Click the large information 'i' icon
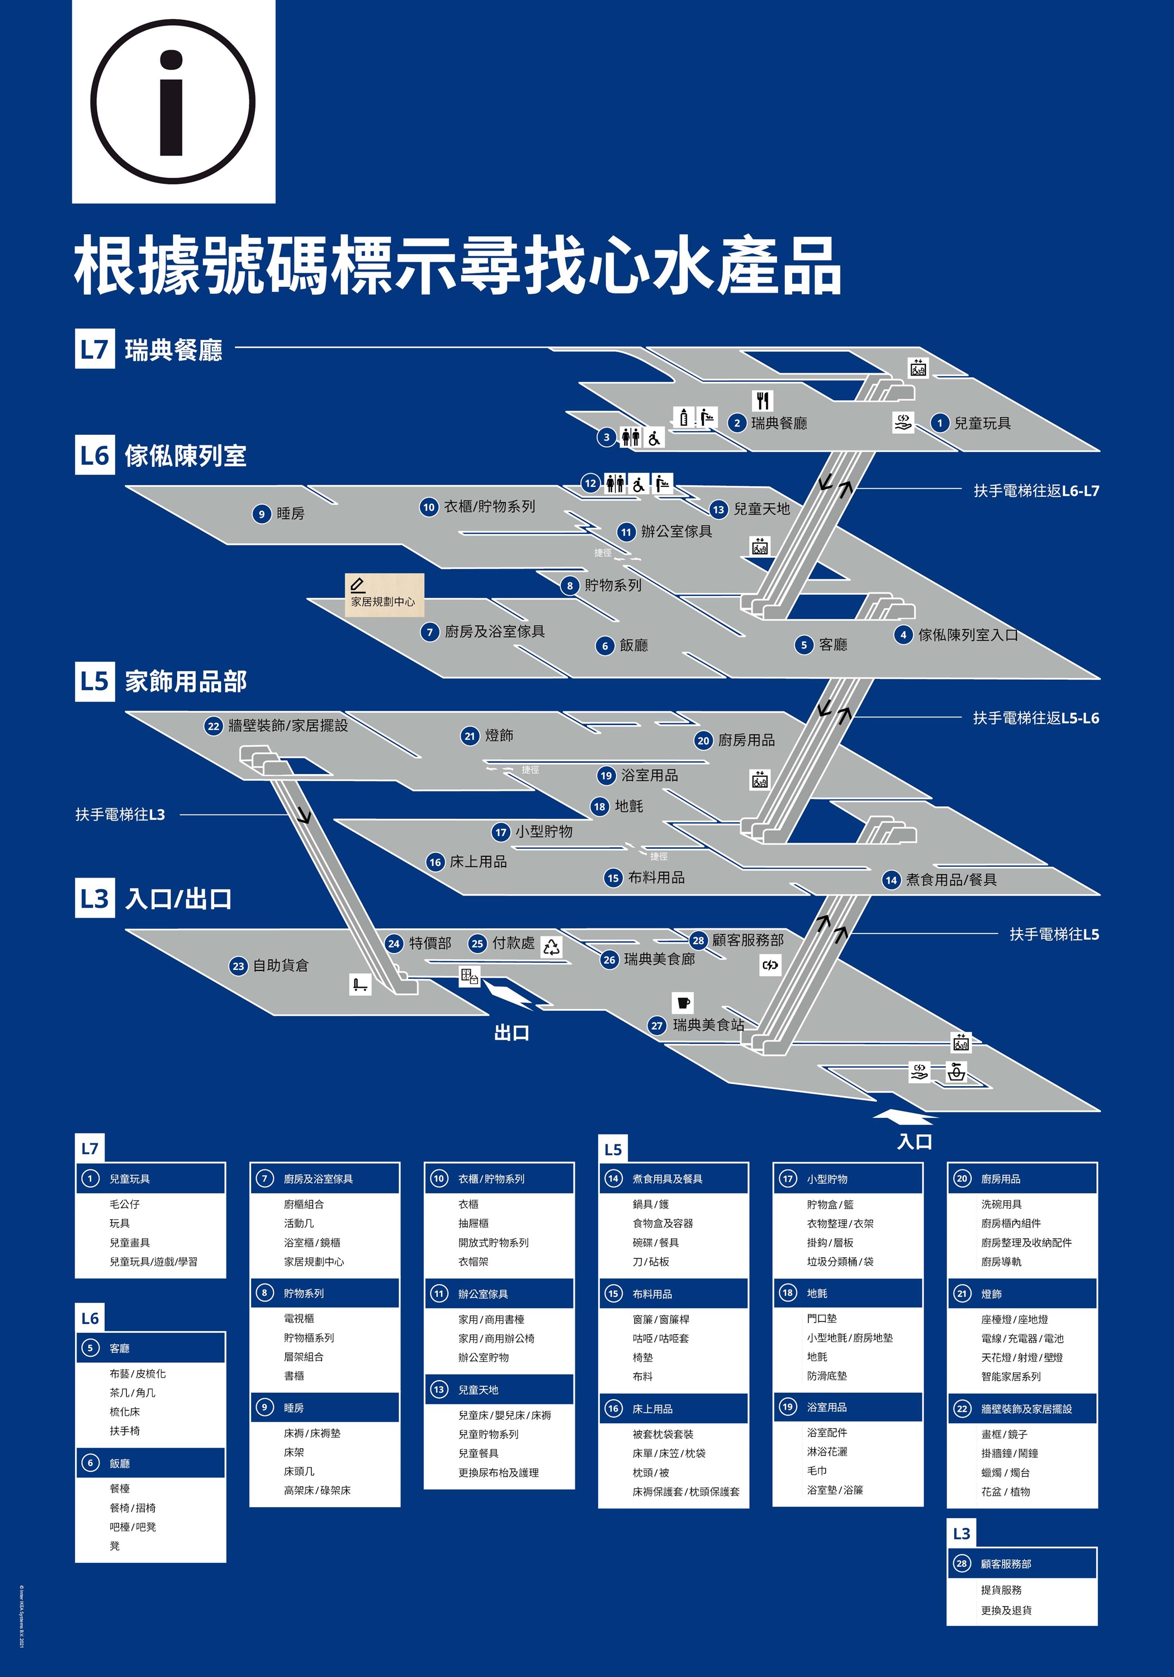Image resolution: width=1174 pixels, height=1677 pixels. click(173, 102)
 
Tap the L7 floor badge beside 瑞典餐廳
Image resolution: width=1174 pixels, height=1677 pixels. click(94, 348)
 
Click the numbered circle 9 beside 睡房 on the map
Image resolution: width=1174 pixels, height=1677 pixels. click(261, 514)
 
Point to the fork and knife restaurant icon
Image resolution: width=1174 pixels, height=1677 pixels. click(763, 400)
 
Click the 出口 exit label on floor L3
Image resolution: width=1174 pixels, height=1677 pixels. click(512, 1033)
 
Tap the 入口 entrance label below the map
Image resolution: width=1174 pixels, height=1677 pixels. click(914, 1141)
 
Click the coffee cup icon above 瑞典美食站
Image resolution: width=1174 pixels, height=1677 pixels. click(683, 1002)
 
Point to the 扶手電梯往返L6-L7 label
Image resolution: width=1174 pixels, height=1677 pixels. click(1036, 491)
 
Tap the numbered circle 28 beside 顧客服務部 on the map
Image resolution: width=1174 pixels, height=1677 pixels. click(698, 940)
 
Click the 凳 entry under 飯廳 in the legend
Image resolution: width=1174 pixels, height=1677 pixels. click(115, 1546)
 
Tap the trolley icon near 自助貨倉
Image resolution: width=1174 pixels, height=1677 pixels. click(360, 984)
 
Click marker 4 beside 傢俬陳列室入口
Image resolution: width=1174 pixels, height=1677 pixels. click(903, 634)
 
